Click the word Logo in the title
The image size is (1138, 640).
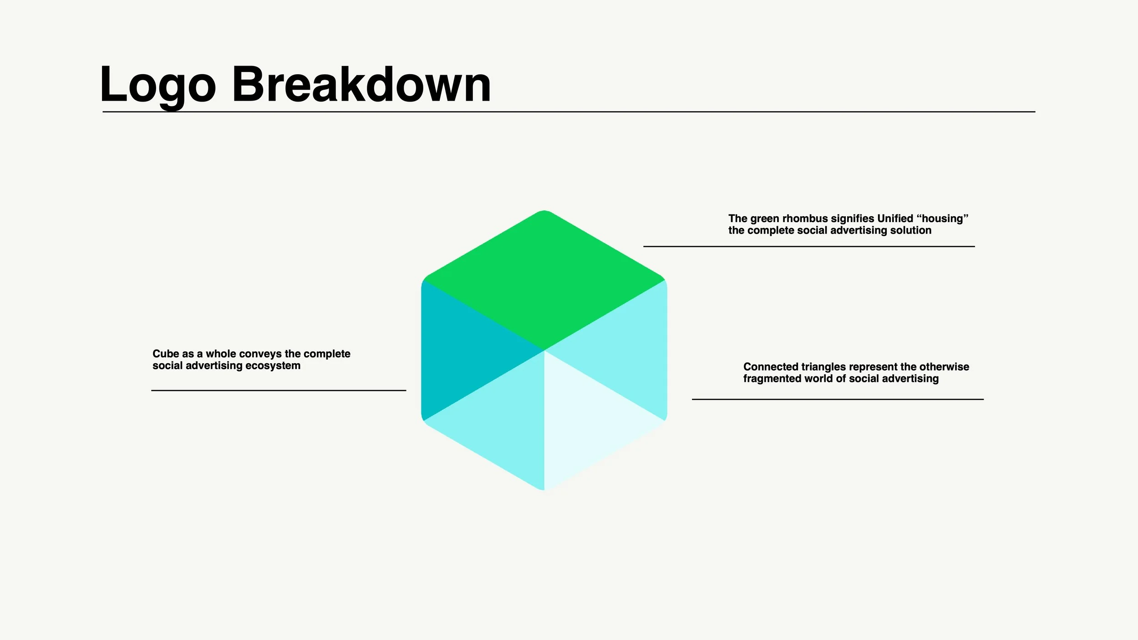[x=157, y=85]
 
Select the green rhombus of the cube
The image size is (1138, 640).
[x=544, y=280]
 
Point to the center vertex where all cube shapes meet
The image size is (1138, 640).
[x=544, y=350]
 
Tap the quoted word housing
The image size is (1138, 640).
[x=942, y=218]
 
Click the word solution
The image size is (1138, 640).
[x=910, y=230]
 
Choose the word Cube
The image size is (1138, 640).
[x=166, y=354]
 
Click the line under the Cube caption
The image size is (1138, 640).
[x=279, y=390]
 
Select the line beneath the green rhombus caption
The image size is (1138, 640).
[x=809, y=246]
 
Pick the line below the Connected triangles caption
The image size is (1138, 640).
[x=838, y=399]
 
